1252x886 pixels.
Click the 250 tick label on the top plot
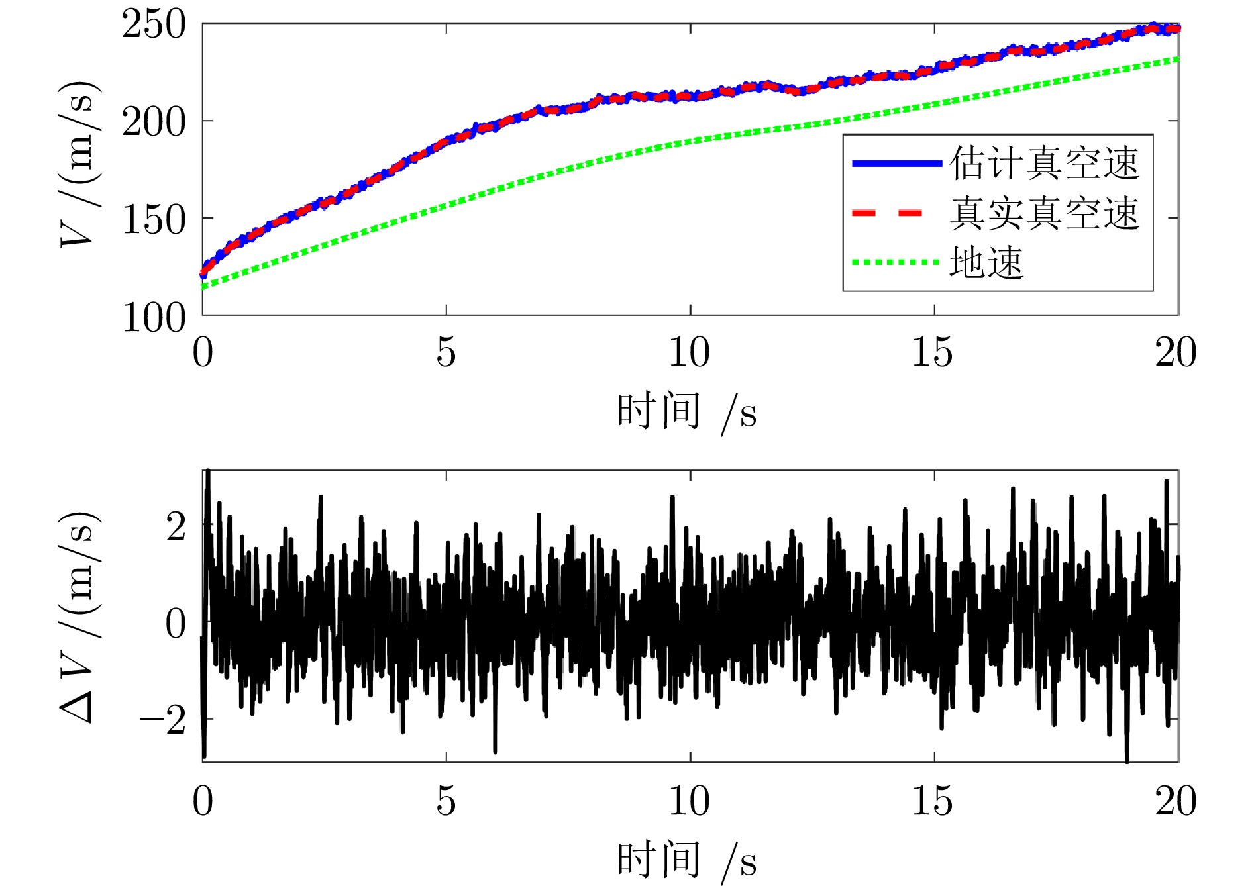pos(154,26)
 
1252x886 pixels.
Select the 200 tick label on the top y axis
pos(154,123)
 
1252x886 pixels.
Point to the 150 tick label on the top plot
pos(154,220)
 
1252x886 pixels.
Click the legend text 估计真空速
pos(1044,163)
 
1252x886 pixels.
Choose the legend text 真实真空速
pos(1044,213)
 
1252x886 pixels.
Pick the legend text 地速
pos(986,263)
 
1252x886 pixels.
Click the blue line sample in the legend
pos(896,163)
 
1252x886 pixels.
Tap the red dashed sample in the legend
pos(888,213)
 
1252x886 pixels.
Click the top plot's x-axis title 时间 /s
pos(687,412)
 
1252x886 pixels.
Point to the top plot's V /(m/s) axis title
pos(79,164)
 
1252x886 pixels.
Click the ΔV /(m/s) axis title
pos(79,616)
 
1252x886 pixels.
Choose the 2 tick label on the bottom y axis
pos(176,528)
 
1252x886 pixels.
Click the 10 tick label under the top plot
pos(689,352)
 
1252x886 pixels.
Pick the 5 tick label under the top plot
pos(446,352)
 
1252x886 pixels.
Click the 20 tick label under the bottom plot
pos(1176,801)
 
